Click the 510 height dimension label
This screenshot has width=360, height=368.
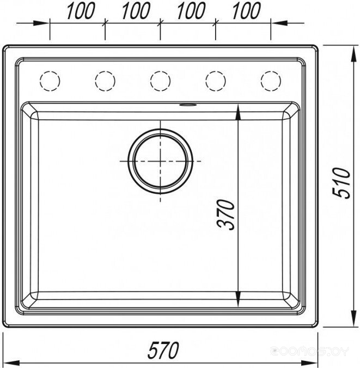341,182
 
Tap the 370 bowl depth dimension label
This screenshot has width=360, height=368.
226,214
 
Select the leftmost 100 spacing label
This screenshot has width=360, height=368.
80,10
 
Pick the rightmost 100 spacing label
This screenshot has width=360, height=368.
246,10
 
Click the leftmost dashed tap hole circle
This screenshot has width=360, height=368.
50,81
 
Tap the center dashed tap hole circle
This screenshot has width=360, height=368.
160,81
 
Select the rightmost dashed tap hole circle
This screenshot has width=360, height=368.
271,81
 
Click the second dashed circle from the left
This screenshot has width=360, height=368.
105,81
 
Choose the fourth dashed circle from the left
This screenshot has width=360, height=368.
216,81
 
